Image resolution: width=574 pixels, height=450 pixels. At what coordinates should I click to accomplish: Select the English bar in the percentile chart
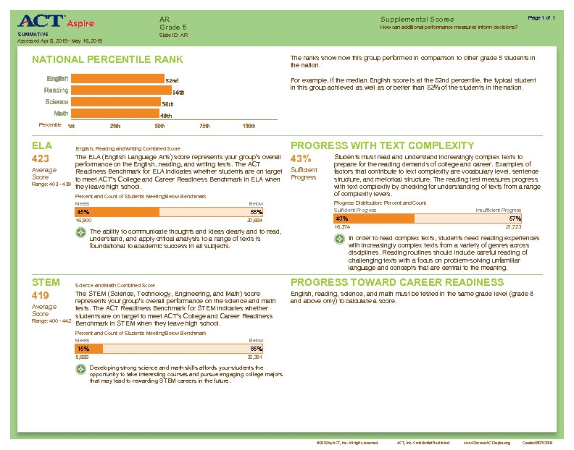116,79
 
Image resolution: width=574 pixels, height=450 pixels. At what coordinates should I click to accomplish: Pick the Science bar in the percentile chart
115,102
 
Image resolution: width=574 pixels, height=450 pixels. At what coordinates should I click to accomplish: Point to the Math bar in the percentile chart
114,114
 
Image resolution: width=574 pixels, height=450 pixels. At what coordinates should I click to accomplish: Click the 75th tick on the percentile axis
204,126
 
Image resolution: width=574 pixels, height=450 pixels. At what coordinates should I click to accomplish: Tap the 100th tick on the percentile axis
249,126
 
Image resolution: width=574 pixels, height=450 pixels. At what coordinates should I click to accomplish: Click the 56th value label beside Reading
178,93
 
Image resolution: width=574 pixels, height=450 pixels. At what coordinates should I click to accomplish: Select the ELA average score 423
41,158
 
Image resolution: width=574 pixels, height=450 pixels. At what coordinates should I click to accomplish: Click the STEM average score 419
41,295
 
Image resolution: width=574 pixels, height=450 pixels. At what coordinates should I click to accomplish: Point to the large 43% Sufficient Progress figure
301,158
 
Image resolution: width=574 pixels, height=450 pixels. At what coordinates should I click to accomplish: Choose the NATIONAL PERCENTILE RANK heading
108,59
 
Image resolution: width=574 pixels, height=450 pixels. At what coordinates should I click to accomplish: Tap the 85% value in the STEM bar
257,349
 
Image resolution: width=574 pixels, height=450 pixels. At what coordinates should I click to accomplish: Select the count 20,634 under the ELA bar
254,220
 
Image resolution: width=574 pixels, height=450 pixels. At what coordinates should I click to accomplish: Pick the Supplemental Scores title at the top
417,19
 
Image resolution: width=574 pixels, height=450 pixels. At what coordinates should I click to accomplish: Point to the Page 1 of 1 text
542,17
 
